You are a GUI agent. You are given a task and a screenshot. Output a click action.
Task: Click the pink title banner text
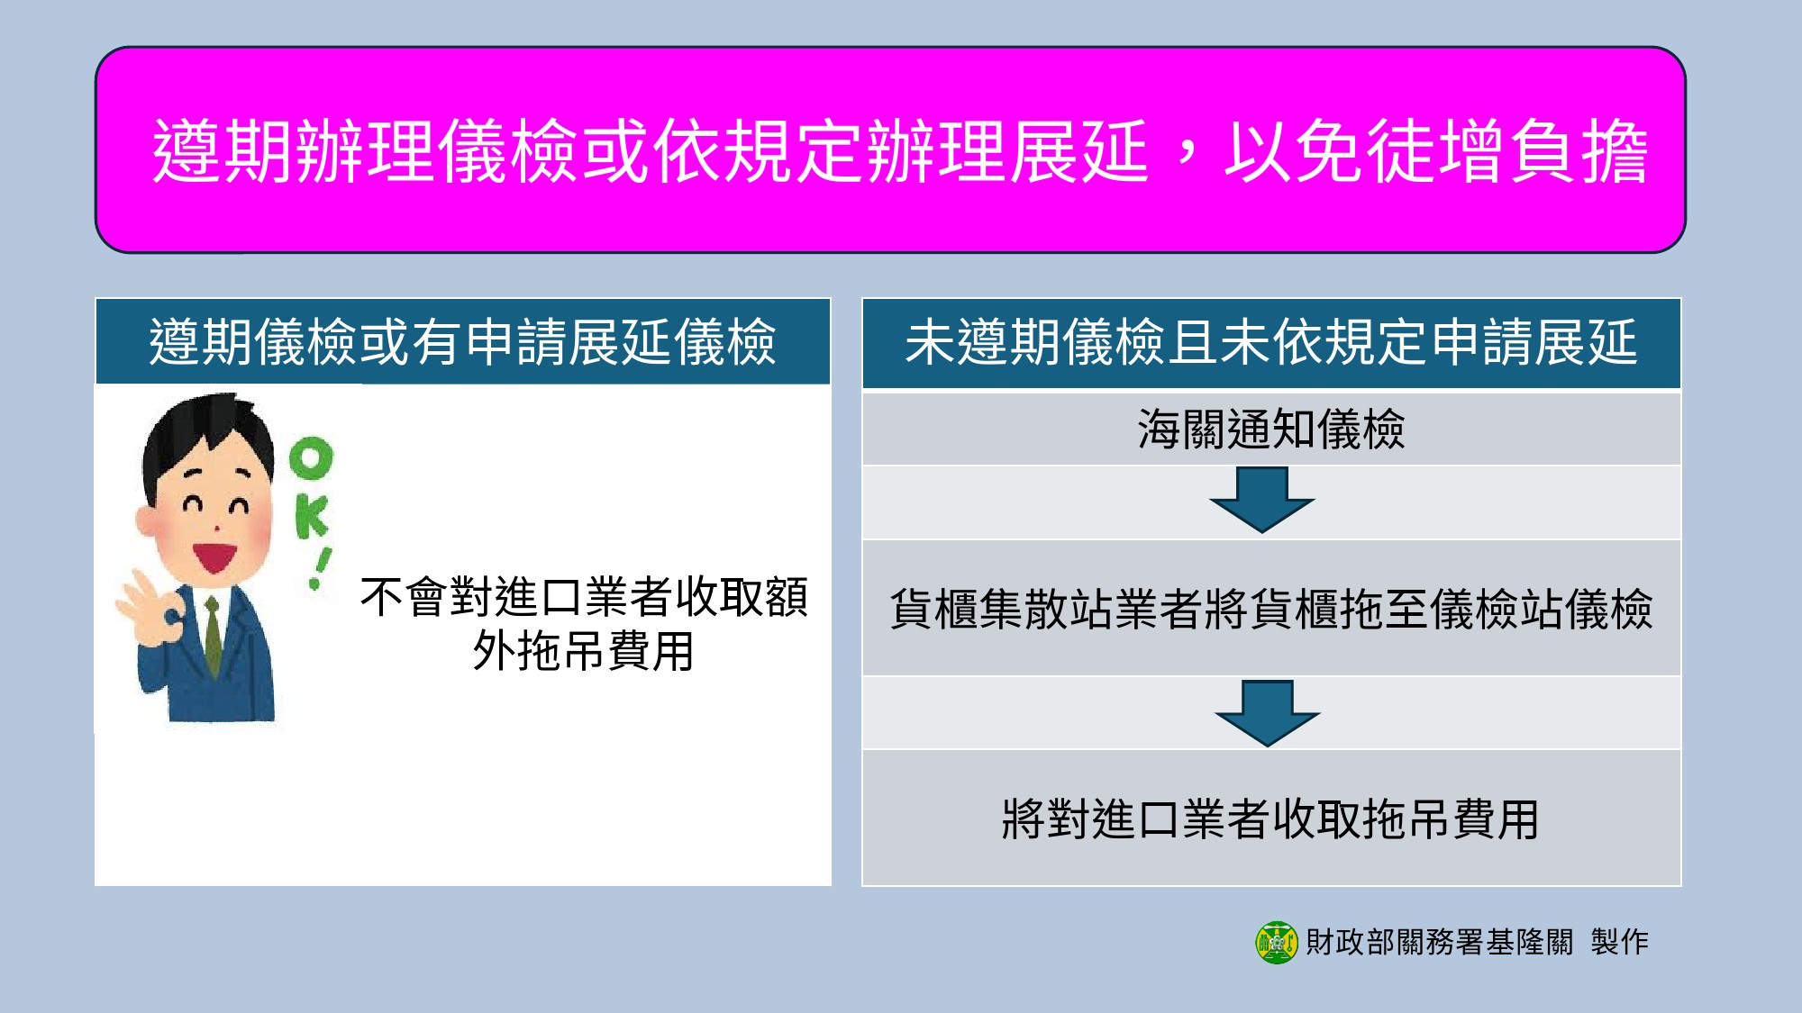pos(899,151)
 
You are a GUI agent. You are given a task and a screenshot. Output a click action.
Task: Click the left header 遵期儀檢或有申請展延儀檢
pos(462,342)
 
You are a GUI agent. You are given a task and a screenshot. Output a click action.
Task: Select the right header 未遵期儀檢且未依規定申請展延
pos(1270,343)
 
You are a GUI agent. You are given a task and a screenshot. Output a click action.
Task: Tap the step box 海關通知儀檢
pos(1270,429)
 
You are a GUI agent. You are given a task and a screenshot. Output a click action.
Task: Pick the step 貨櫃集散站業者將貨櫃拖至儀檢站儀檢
pos(1270,609)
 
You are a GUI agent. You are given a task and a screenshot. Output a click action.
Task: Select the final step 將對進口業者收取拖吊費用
pos(1270,819)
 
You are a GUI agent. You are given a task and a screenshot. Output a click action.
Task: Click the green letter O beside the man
pos(312,459)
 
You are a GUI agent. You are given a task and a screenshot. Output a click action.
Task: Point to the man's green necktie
pos(214,635)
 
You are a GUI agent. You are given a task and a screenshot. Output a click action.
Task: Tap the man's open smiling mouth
pos(214,556)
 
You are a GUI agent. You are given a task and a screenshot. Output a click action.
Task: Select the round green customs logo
pos(1277,943)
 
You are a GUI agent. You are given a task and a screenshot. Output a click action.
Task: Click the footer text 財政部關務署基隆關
pos(1439,943)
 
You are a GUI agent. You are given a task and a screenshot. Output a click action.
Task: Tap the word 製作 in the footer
pos(1619,943)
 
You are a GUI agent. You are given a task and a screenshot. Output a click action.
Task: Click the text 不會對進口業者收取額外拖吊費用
pos(584,623)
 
